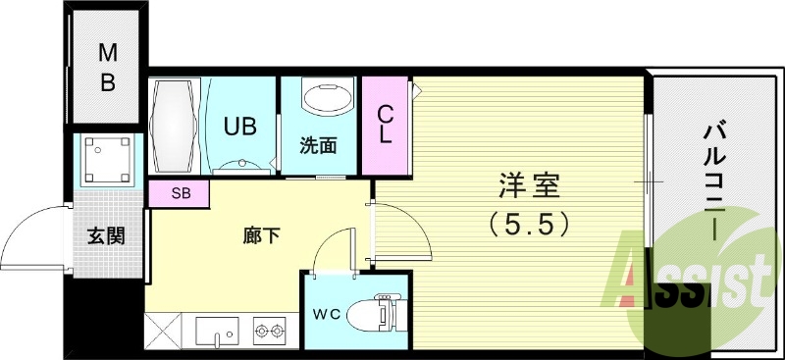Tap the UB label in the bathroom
click(x=240, y=127)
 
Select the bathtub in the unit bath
click(x=175, y=127)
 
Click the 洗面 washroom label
click(x=319, y=146)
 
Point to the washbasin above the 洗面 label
click(x=325, y=102)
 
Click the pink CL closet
click(x=386, y=126)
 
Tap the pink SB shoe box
click(x=180, y=193)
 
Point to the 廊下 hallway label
click(x=262, y=235)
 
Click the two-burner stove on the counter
click(x=269, y=332)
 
